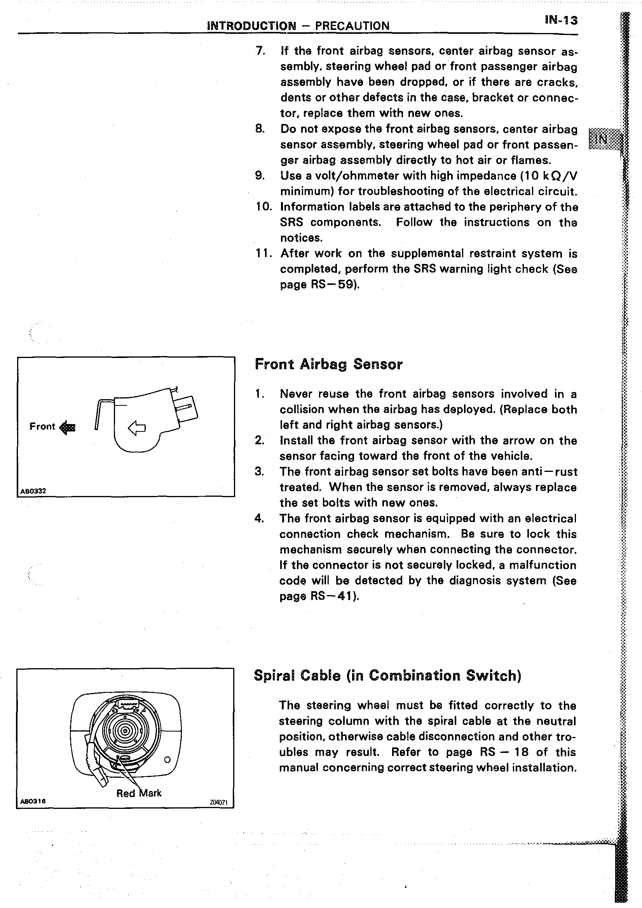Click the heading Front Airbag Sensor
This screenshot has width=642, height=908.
(328, 364)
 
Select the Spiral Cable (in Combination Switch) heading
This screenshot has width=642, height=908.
(387, 676)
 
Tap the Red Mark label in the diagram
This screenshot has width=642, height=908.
(139, 793)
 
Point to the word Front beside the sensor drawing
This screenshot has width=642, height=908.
(42, 426)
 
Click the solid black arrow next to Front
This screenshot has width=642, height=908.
(67, 427)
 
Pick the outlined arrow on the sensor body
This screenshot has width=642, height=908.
(137, 428)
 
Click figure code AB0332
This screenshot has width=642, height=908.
(33, 491)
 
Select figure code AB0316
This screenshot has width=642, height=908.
(33, 801)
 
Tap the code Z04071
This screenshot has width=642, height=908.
(219, 802)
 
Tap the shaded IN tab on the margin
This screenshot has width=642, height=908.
(602, 139)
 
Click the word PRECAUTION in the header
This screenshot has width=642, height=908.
(352, 26)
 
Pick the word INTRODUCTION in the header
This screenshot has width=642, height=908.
(251, 26)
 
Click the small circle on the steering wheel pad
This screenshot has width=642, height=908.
(167, 760)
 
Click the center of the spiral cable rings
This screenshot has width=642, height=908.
(125, 731)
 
